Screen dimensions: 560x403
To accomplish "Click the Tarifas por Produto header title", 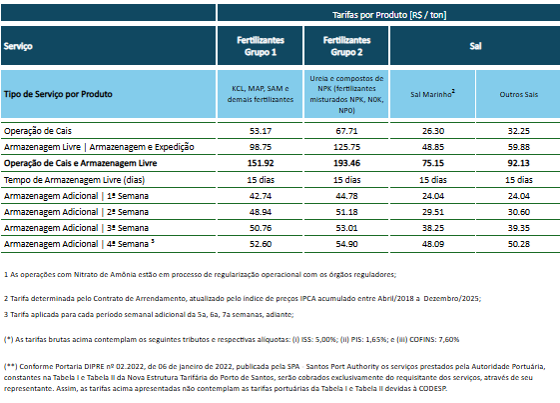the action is pyautogui.click(x=389, y=15).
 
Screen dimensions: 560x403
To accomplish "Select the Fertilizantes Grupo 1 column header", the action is pyautogui.click(x=261, y=46).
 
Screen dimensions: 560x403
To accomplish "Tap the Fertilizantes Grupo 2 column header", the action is pyautogui.click(x=346, y=46).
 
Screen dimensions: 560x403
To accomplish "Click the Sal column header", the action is pyautogui.click(x=475, y=46).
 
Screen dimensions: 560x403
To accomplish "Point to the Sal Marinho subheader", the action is pyautogui.click(x=432, y=94).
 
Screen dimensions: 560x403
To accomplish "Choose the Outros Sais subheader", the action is pyautogui.click(x=518, y=94).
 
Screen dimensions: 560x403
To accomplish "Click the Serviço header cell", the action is pyautogui.click(x=18, y=46).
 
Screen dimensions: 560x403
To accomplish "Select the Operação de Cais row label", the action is pyautogui.click(x=38, y=131).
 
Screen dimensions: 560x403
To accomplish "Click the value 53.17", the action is pyautogui.click(x=261, y=131).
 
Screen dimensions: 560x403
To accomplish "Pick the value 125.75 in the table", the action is pyautogui.click(x=346, y=147).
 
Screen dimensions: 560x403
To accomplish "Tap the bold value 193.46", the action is pyautogui.click(x=346, y=163).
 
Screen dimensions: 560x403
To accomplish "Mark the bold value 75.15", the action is pyautogui.click(x=433, y=163).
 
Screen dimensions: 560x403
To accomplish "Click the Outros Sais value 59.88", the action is pyautogui.click(x=518, y=147).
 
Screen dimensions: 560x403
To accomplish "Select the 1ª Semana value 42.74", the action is pyautogui.click(x=261, y=196).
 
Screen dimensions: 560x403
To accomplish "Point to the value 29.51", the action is pyautogui.click(x=433, y=212).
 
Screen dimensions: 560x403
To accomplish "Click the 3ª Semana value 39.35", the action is pyautogui.click(x=518, y=228).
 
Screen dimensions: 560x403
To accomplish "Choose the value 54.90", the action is pyautogui.click(x=346, y=244).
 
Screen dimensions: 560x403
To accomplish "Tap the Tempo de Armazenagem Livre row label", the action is pyautogui.click(x=74, y=180).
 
